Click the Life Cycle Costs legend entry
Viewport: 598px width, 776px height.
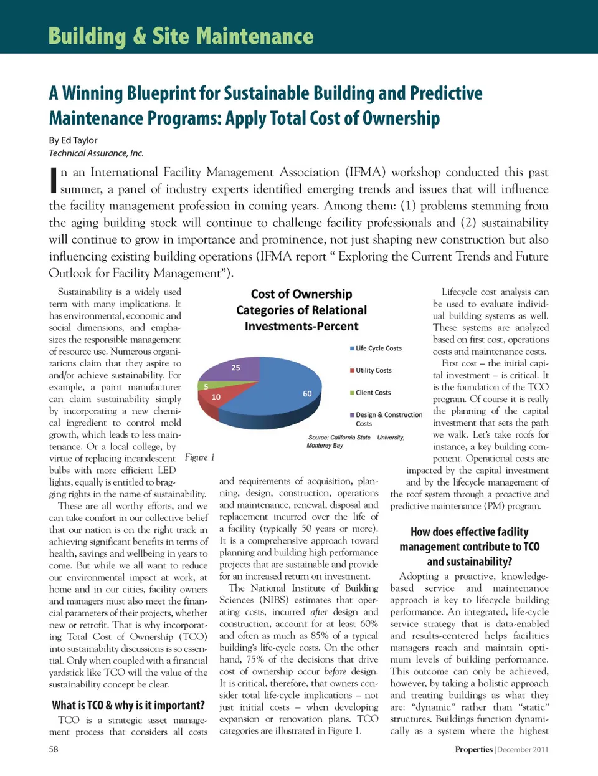pos(378,348)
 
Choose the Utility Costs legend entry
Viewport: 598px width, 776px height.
pos(373,370)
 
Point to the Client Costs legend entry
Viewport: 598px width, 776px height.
pos(373,393)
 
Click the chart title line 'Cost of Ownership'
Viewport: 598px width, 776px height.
pos(301,294)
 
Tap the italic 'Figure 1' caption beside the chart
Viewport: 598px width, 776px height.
pos(199,457)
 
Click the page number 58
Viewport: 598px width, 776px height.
pos(54,749)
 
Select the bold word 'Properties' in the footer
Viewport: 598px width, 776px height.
pos(473,749)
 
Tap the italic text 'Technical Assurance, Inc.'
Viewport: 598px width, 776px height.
pos(97,153)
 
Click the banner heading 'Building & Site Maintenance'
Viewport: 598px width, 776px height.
pos(181,36)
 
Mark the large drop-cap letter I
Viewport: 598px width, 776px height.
pos(54,180)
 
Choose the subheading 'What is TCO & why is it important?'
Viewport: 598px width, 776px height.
pos(128,705)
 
